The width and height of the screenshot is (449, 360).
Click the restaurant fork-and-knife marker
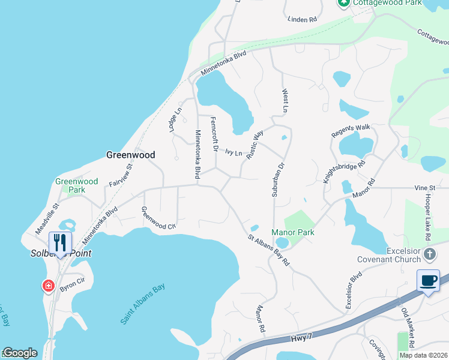[59, 243]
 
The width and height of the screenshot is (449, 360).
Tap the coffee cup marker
[428, 281]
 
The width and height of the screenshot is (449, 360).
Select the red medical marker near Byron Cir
[48, 286]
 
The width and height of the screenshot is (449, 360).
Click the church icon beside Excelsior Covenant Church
[429, 254]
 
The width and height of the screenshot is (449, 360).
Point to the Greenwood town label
[130, 155]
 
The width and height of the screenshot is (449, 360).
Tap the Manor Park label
[293, 232]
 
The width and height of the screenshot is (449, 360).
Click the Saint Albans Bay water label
[142, 305]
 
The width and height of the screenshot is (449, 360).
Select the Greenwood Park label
[76, 185]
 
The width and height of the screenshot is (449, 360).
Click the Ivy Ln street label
[234, 153]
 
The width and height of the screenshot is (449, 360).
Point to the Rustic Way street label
[255, 144]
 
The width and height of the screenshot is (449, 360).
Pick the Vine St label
[424, 188]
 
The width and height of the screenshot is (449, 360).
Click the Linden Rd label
[301, 20]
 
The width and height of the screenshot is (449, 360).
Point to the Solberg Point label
[61, 253]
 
